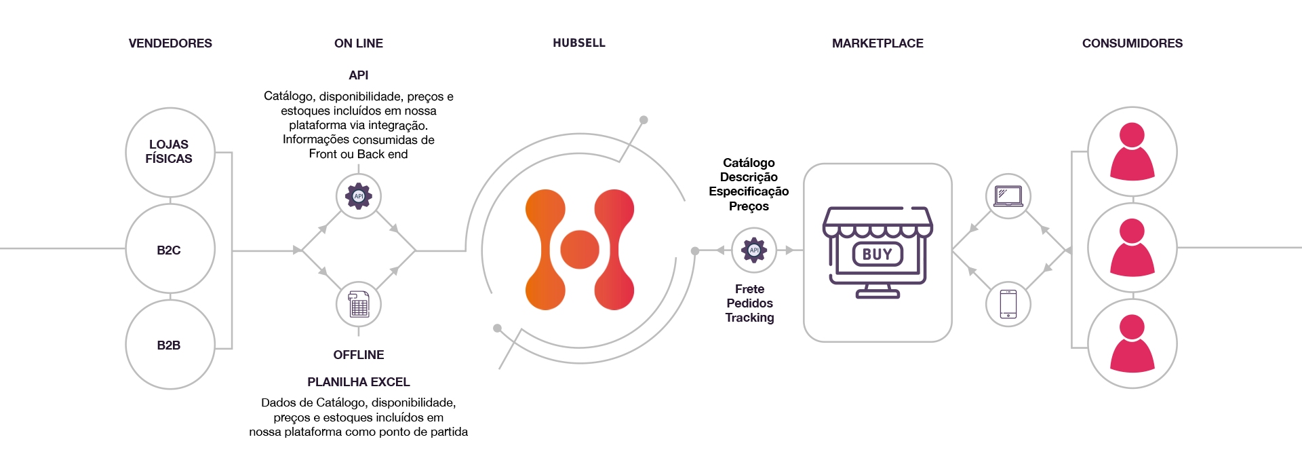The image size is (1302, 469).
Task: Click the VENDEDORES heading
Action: point(170,43)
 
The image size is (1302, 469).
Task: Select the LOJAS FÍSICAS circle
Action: point(170,152)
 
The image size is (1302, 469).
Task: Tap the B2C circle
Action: point(170,249)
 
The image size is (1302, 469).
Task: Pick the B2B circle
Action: point(170,345)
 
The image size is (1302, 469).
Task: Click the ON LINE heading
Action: point(359,43)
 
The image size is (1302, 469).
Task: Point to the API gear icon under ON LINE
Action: point(359,196)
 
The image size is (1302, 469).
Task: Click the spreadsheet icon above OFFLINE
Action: point(359,304)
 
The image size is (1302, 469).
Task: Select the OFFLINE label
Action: point(359,355)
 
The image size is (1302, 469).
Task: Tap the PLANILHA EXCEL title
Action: point(359,382)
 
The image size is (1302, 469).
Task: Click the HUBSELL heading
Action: point(579,43)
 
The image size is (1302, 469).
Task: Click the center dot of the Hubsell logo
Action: point(580,249)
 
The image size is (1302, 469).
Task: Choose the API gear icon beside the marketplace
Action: point(754,250)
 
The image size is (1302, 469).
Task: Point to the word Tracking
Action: point(749,318)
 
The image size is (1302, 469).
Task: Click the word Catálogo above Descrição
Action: point(749,163)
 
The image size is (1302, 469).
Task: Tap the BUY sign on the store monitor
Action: point(877,254)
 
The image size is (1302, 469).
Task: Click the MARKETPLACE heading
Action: point(877,43)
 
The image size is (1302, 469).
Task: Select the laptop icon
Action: point(1008,196)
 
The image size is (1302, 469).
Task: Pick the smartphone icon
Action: point(1008,304)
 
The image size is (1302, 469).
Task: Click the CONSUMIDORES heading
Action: point(1132,43)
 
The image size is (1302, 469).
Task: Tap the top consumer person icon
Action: point(1132,151)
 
